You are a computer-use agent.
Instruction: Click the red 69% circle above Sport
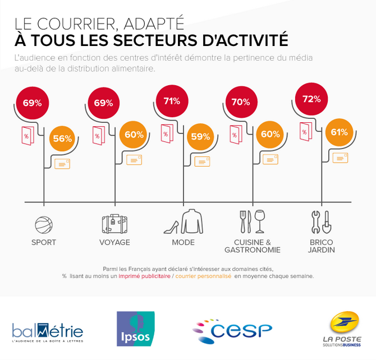(32, 103)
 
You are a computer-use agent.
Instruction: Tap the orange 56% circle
(62, 139)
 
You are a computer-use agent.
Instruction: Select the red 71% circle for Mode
(172, 101)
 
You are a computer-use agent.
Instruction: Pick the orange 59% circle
(200, 136)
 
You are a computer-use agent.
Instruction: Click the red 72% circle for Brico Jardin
(311, 99)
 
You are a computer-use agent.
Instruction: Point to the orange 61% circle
(339, 133)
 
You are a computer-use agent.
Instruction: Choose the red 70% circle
(240, 103)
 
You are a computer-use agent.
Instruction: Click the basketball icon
(43, 225)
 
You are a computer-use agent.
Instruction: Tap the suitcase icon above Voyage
(114, 224)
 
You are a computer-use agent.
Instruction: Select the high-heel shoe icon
(171, 227)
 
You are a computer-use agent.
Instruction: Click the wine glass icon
(259, 221)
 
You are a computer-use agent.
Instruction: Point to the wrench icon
(316, 221)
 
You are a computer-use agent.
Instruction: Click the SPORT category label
(44, 243)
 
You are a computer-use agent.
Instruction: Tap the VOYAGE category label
(114, 243)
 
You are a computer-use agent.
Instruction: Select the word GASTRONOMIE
(252, 250)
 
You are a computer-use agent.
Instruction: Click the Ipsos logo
(135, 329)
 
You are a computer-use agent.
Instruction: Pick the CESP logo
(232, 330)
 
